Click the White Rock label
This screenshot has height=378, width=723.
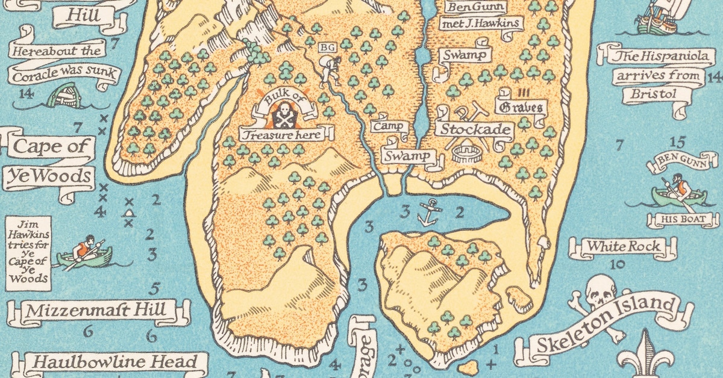point(615,247)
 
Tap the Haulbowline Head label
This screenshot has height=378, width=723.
point(114,362)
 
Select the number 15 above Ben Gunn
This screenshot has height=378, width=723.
point(677,143)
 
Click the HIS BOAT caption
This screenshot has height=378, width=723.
point(679,220)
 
